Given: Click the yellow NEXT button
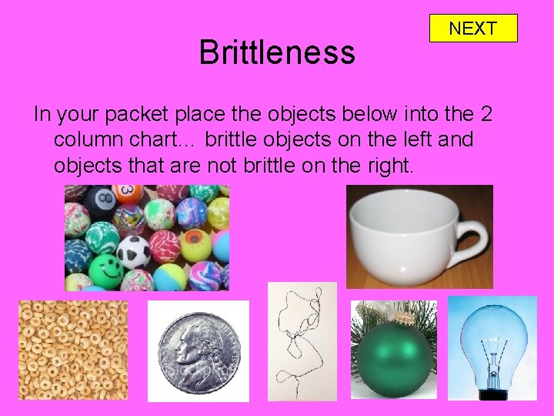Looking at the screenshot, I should (472, 29).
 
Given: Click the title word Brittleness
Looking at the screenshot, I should (277, 52).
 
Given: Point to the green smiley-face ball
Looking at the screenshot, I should (105, 270).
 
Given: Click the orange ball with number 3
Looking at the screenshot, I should (127, 193).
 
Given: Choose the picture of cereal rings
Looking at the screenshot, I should (73, 350).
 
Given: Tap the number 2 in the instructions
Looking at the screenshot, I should (485, 116).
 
